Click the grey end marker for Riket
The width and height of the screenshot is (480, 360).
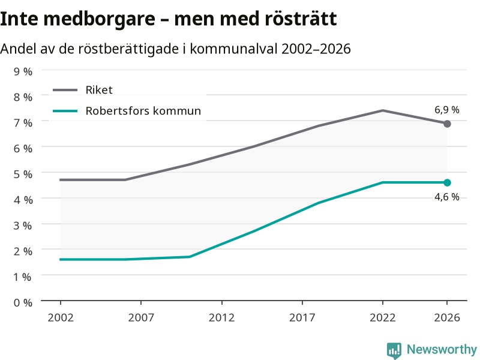click(x=447, y=124)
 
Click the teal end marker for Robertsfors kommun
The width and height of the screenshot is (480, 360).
click(x=447, y=183)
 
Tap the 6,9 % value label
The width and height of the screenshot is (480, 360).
click(x=447, y=110)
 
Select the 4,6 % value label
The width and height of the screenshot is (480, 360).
click(x=447, y=197)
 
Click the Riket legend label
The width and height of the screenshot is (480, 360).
click(x=99, y=90)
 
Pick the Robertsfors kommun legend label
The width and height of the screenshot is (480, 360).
click(x=143, y=111)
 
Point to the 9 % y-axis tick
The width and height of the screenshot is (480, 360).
click(x=23, y=71)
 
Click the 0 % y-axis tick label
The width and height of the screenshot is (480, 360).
click(x=23, y=303)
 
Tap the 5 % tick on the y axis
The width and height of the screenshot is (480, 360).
click(x=23, y=174)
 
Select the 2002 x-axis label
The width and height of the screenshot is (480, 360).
click(x=61, y=317)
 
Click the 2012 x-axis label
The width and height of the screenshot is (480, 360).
click(x=221, y=317)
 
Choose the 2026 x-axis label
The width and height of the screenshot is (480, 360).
click(x=447, y=317)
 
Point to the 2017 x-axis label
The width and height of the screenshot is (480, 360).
click(x=302, y=317)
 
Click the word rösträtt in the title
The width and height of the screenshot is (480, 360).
click(x=301, y=19)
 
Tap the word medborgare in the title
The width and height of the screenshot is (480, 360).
click(x=99, y=19)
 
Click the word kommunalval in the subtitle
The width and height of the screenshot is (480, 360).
click(x=233, y=49)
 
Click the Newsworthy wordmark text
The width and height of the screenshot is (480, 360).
click(x=442, y=349)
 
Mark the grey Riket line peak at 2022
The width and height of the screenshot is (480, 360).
click(x=383, y=110)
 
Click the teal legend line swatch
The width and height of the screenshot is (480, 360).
click(x=65, y=111)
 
